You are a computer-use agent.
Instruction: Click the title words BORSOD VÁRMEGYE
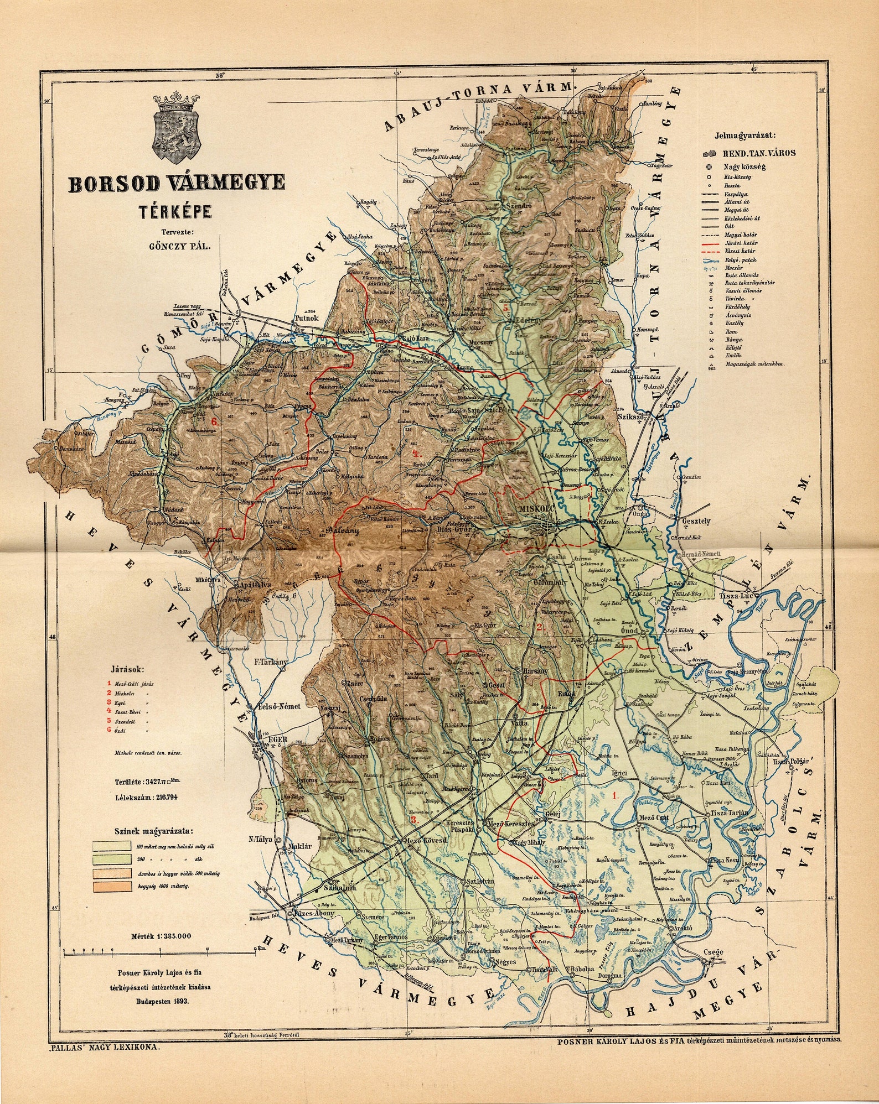coord(177,183)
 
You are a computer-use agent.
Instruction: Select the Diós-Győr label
coord(453,528)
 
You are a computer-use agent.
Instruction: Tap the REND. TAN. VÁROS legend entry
coord(759,153)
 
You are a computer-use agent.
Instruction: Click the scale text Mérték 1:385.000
coord(161,936)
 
